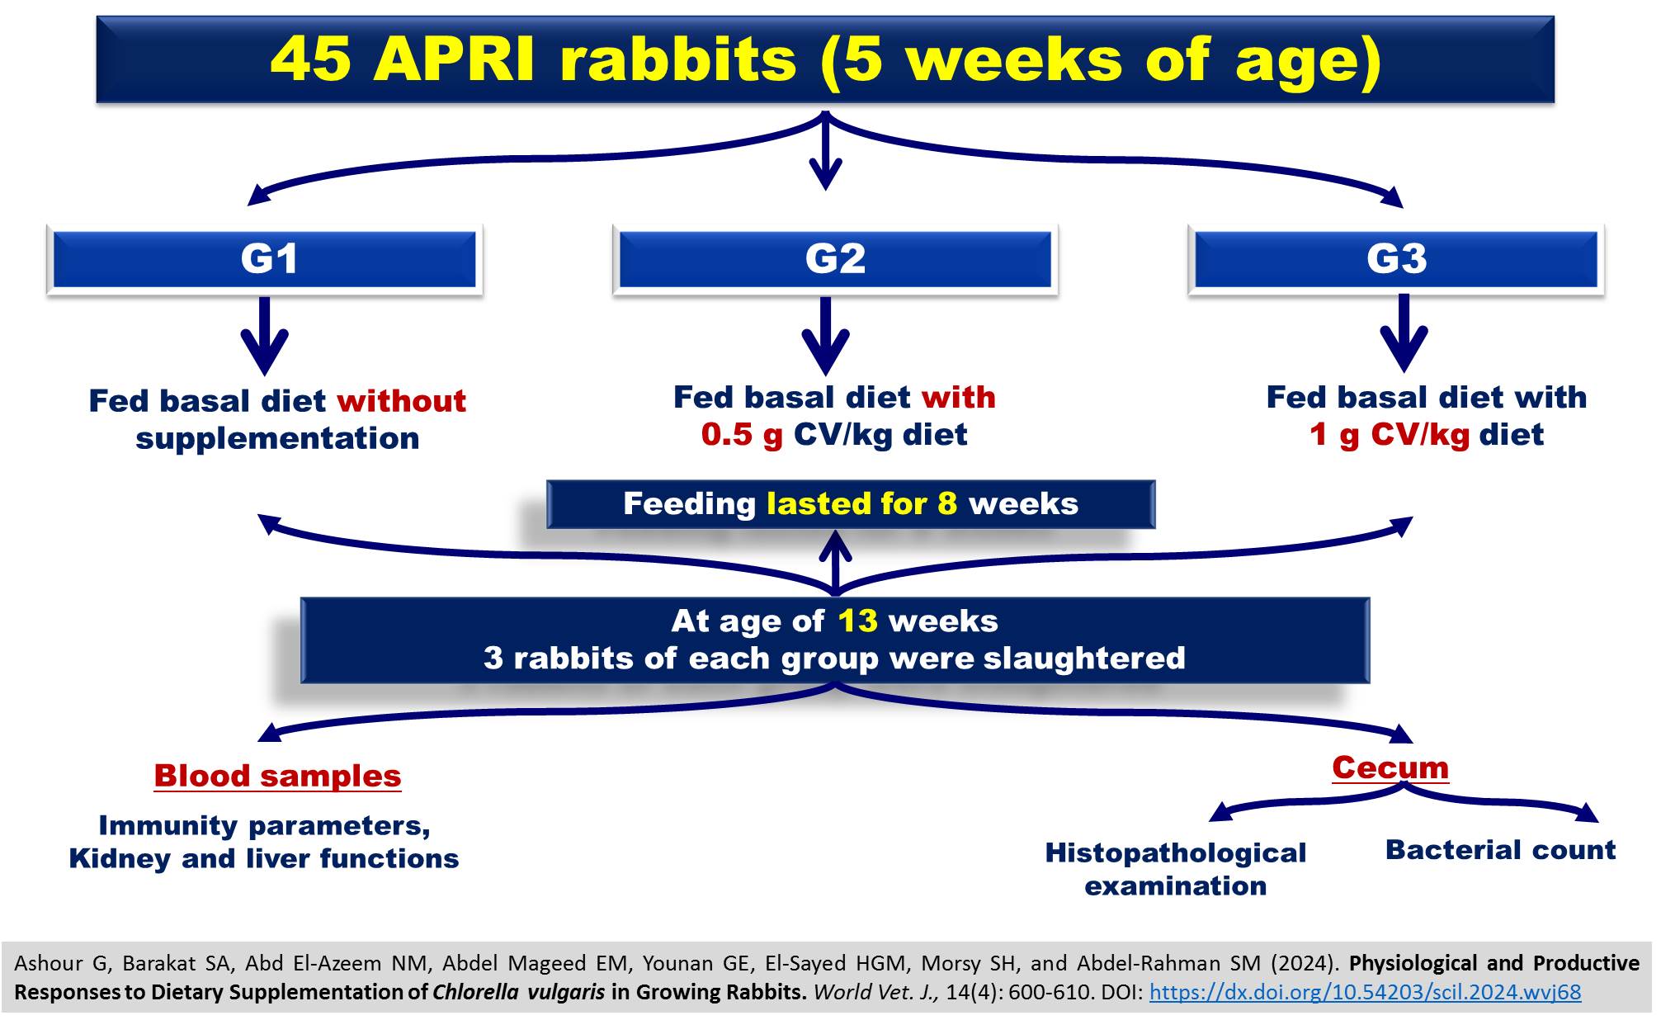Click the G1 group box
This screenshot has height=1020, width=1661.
(265, 259)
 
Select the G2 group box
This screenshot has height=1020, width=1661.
(835, 259)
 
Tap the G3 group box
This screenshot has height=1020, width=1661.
(1396, 259)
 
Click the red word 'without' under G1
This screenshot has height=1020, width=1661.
(401, 401)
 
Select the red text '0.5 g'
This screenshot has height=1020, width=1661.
(742, 435)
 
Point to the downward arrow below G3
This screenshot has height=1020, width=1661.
(1404, 333)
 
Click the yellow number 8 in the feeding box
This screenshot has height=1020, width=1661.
(947, 503)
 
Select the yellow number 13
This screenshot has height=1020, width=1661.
(858, 621)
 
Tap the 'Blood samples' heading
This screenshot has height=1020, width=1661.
(277, 776)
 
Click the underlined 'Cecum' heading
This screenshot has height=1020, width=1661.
(1390, 767)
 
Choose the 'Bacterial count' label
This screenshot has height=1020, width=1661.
(1500, 850)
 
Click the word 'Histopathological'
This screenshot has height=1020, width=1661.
(1176, 852)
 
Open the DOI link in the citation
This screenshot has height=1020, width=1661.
(1366, 992)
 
